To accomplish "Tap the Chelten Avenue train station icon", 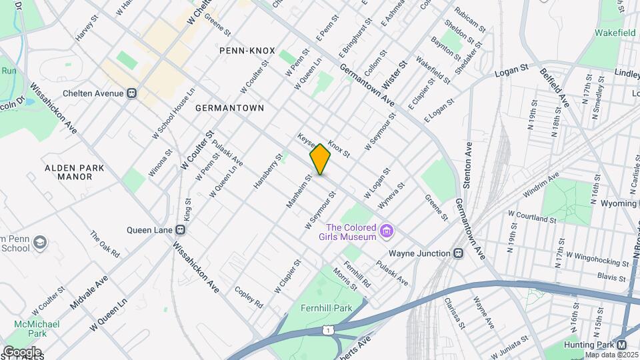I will (x=132, y=93).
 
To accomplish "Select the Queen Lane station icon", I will (x=181, y=230).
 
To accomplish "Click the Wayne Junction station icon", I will (x=458, y=253).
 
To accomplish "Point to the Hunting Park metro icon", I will (x=621, y=345).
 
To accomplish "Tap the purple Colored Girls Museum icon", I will (x=385, y=231).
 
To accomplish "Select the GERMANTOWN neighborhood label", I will (x=229, y=107).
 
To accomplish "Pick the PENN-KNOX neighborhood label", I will (x=243, y=50).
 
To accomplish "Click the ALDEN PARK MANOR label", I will (x=74, y=172).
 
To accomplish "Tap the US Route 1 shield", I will (x=327, y=330).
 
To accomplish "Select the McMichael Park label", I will (x=39, y=329).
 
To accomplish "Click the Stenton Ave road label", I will (x=469, y=165).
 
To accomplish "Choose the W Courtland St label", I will (x=531, y=219).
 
